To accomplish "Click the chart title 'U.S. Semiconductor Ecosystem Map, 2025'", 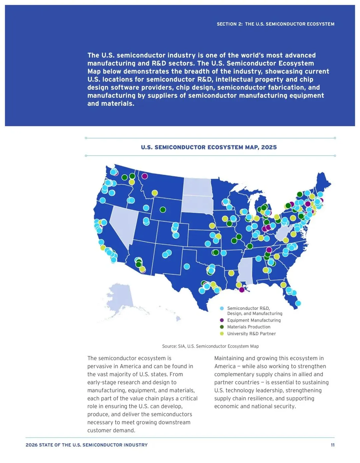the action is (x=209, y=147).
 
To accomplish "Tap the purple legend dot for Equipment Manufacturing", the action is (x=222, y=320).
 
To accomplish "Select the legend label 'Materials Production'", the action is (x=249, y=327).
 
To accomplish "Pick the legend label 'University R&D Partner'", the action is (x=251, y=334).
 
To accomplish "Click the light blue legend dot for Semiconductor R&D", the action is (x=222, y=308).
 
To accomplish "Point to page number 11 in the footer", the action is (x=333, y=445).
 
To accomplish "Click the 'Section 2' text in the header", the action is (x=229, y=24).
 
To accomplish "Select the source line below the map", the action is (x=210, y=346).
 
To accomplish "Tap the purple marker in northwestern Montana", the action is (x=145, y=176).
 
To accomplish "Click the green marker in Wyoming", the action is (x=163, y=210).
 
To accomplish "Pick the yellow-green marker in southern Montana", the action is (x=155, y=193).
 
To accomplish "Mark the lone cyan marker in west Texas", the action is (x=187, y=266).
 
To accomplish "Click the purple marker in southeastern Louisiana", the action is (x=242, y=290).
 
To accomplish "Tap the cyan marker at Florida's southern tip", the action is (x=298, y=303).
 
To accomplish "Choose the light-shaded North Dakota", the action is (x=198, y=187).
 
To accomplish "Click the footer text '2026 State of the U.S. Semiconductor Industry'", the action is (x=86, y=445).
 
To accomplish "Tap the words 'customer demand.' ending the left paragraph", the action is (x=111, y=430).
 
